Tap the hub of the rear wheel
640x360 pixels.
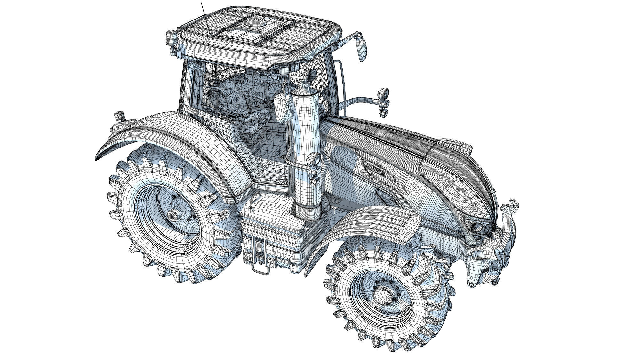click(x=173, y=216)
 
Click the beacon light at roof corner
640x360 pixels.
click(x=171, y=38)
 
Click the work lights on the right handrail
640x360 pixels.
click(x=383, y=99)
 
